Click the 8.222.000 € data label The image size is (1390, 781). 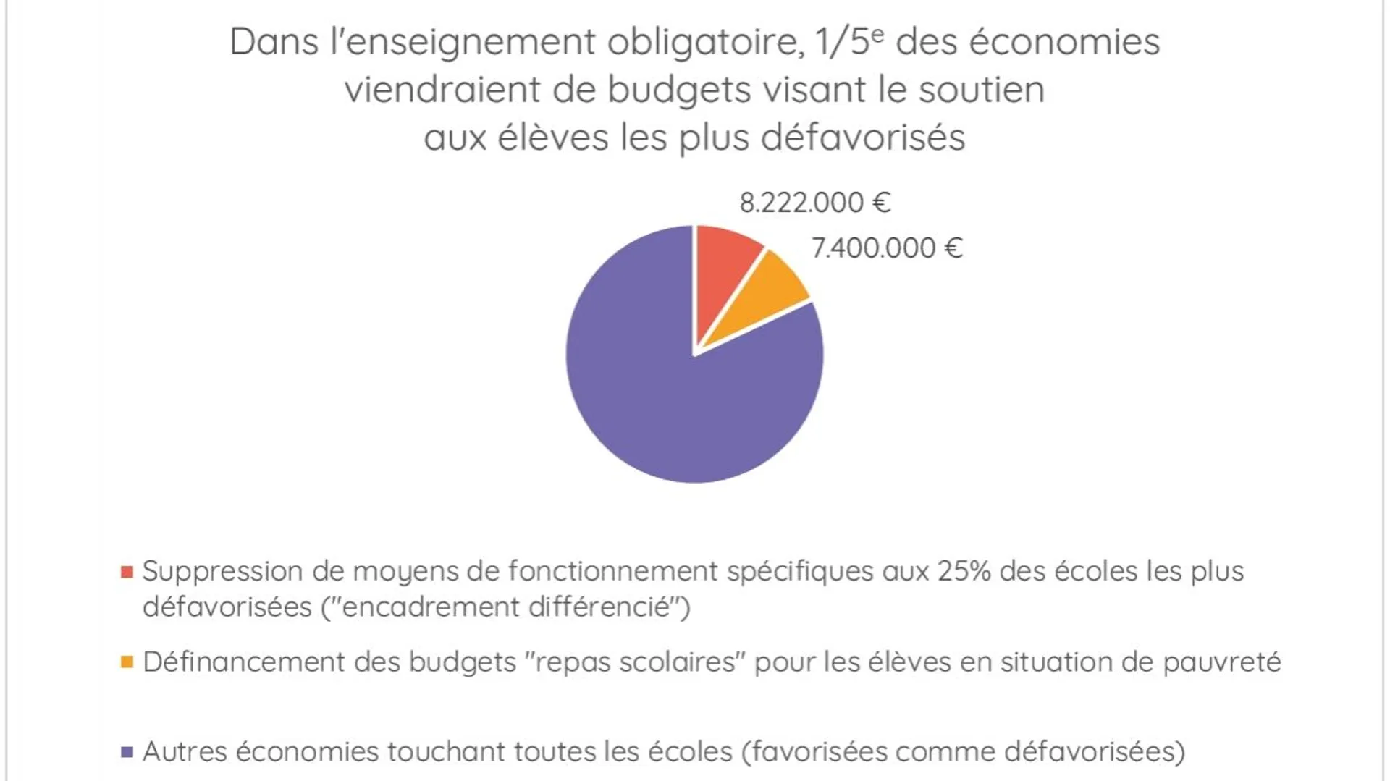814,203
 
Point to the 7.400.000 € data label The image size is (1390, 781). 887,248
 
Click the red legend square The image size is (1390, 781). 127,573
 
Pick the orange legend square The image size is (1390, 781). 127,662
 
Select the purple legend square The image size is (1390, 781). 127,752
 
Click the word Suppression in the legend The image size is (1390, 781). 222,572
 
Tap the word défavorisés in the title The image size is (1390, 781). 863,138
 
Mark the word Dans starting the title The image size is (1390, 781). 274,41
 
